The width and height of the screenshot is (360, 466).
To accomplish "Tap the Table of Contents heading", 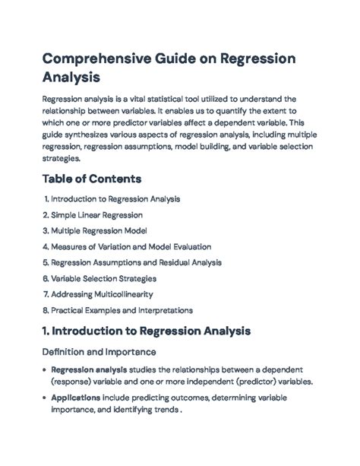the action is pyautogui.click(x=92, y=179).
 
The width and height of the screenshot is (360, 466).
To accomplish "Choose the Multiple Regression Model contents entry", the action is pyautogui.click(x=99, y=230).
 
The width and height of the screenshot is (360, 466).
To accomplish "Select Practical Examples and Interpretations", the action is pyautogui.click(x=122, y=310).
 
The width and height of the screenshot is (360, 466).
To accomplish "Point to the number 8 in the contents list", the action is pyautogui.click(x=46, y=310).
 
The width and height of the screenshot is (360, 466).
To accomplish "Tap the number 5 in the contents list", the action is pyautogui.click(x=46, y=262).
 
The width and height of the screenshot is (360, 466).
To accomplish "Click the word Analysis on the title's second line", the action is pyautogui.click(x=71, y=78).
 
